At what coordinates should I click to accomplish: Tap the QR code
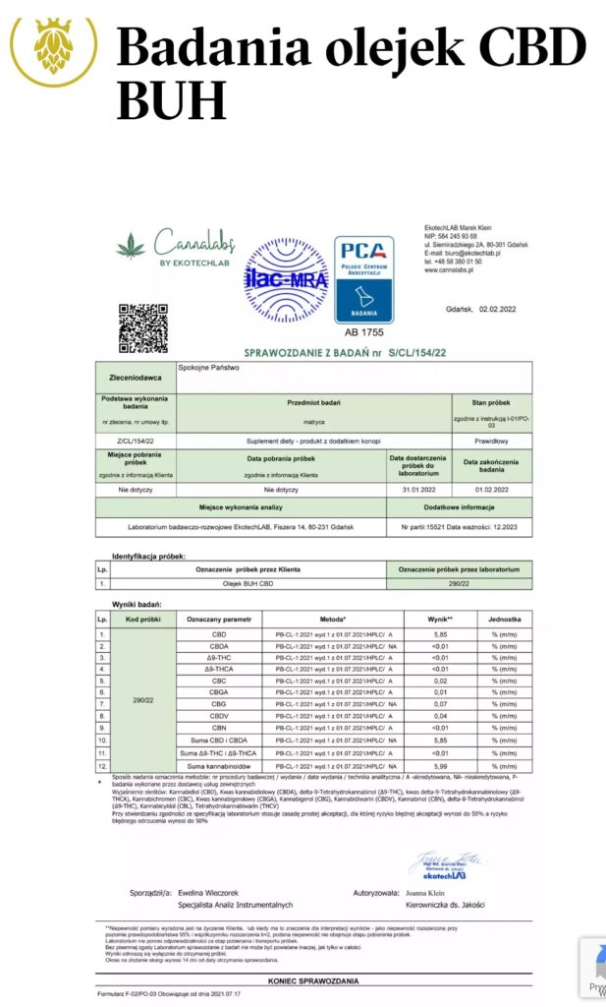point(142,328)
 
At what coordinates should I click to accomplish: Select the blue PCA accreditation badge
point(363,279)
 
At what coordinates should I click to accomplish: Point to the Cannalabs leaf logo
point(131,245)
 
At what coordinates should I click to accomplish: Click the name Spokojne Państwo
point(209,368)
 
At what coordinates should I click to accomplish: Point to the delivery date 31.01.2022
point(417,489)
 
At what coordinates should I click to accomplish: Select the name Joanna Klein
point(428,891)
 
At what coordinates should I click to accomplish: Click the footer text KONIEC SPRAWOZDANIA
point(313,980)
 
